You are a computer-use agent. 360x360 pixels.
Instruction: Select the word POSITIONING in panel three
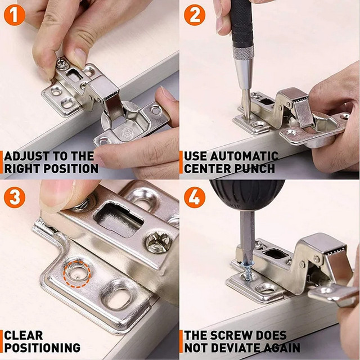coord(42,348)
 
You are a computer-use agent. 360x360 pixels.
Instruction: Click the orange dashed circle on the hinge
coord(75,272)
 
